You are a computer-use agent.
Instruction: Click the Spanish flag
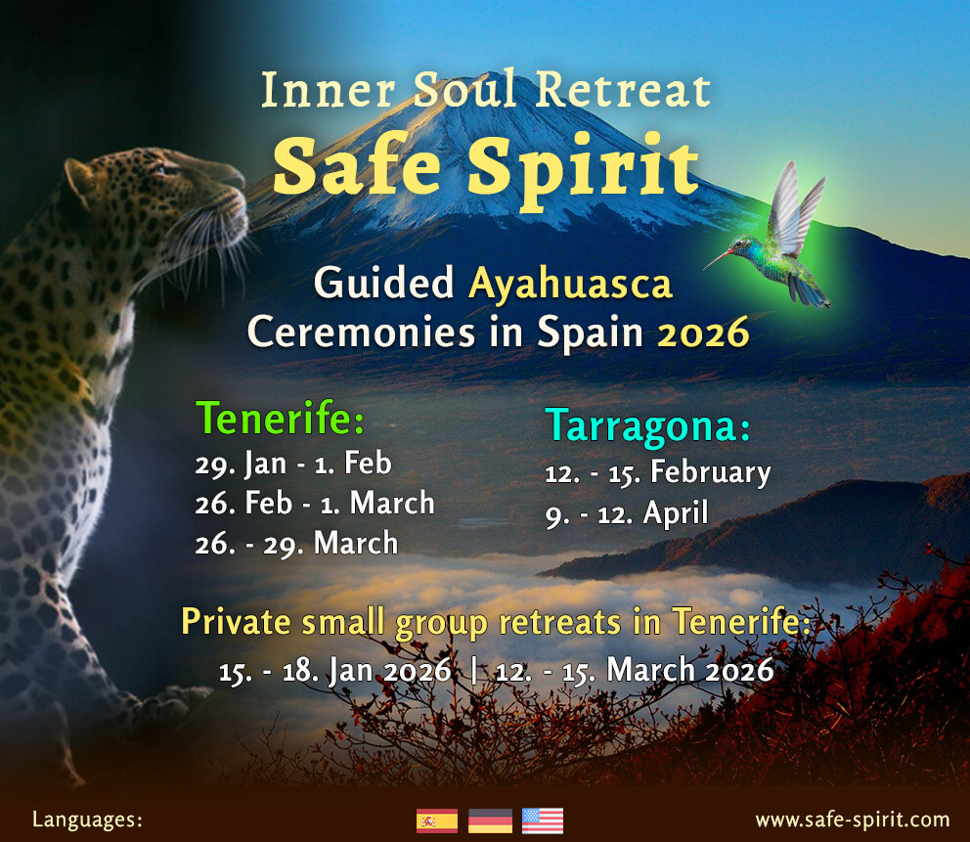click(x=437, y=820)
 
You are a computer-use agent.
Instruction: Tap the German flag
click(x=490, y=820)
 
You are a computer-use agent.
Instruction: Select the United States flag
click(x=543, y=820)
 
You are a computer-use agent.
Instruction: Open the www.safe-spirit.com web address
click(x=853, y=820)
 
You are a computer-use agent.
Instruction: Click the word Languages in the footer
click(x=87, y=820)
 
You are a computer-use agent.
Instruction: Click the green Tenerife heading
click(x=280, y=419)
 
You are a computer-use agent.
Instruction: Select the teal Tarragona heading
click(x=647, y=426)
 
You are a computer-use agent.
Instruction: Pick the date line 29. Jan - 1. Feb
click(x=293, y=464)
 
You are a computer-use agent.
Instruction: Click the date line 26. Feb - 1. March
click(x=315, y=503)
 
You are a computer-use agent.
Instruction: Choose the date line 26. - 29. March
click(x=296, y=543)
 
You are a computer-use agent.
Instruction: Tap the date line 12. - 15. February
click(x=658, y=472)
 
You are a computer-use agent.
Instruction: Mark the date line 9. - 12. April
click(x=627, y=513)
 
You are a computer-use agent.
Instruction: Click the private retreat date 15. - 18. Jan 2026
click(x=335, y=671)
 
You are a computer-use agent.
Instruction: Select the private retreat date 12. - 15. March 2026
click(x=635, y=671)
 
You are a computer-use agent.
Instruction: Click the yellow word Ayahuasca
click(x=570, y=284)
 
